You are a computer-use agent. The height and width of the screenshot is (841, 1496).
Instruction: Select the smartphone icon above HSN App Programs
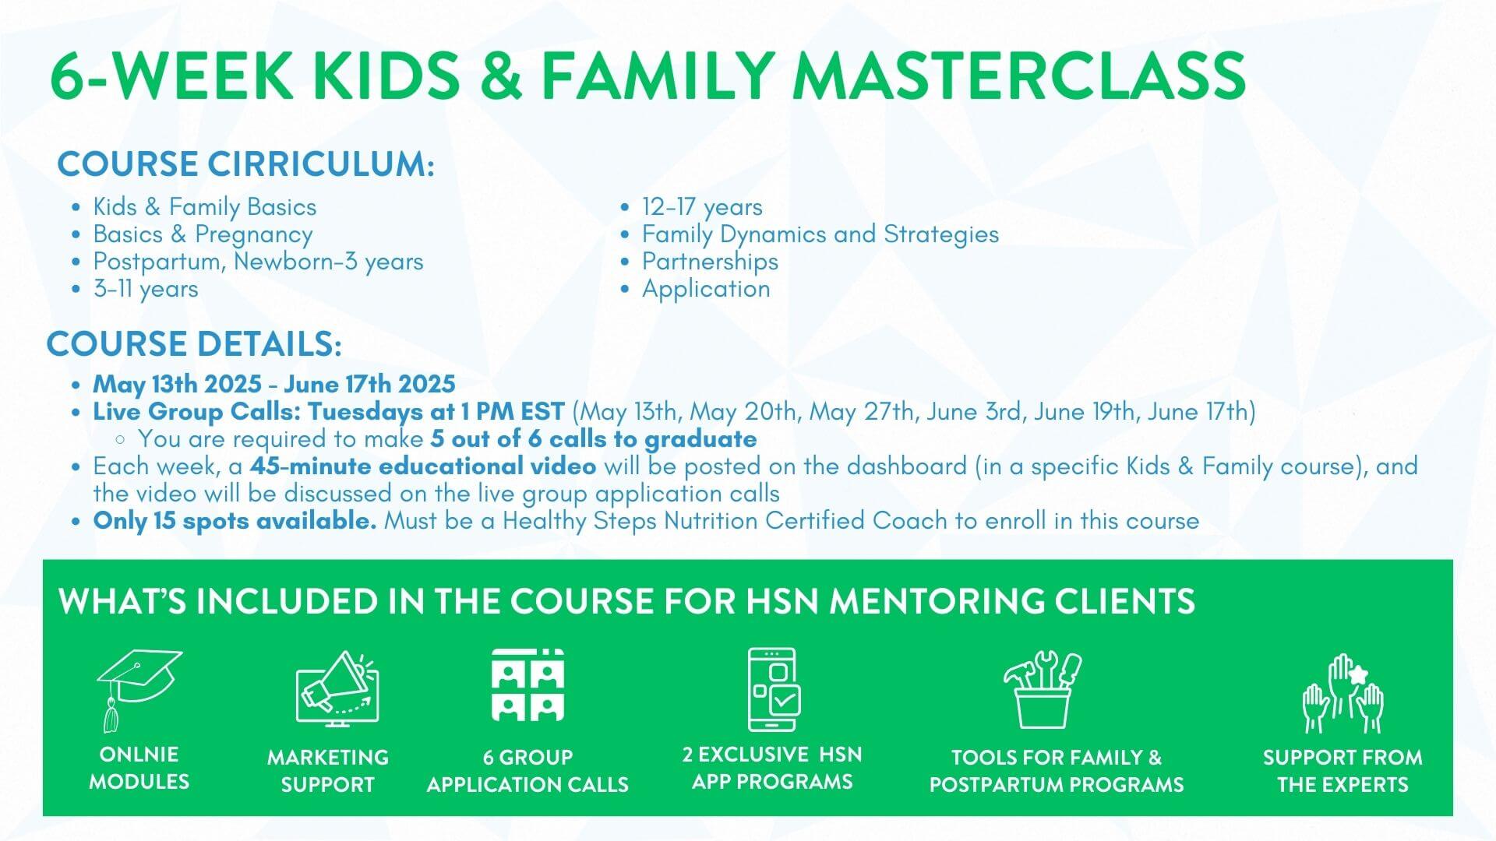(773, 689)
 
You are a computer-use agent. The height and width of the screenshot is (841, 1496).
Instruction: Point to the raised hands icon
(1343, 693)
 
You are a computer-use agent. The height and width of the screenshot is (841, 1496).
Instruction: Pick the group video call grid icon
(527, 685)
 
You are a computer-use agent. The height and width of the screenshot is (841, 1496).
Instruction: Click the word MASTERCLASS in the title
(1019, 76)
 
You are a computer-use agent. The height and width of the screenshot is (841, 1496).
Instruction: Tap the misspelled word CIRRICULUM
(320, 164)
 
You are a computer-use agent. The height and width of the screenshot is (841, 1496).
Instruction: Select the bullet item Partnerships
(710, 262)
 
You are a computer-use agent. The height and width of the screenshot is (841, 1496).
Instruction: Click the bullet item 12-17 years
(702, 207)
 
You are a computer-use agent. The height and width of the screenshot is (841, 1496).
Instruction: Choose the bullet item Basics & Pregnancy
(203, 234)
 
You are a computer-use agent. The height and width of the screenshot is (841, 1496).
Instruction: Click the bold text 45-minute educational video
(423, 466)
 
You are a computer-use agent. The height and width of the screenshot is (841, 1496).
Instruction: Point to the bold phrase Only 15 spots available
(235, 521)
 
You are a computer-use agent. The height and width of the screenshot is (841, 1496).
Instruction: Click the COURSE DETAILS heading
(194, 344)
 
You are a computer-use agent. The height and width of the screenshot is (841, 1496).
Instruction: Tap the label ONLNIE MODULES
(139, 768)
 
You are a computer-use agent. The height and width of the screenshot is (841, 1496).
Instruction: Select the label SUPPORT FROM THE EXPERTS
(1343, 771)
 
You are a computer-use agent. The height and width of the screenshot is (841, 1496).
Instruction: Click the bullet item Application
(706, 289)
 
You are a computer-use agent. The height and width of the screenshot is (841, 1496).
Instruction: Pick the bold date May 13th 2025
(177, 384)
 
